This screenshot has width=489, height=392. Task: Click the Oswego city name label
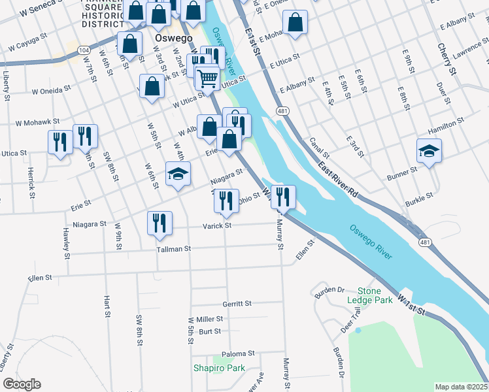pyautogui.click(x=174, y=38)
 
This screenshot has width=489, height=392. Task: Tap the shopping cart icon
pyautogui.click(x=207, y=78)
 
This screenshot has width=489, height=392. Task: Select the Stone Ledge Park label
pyautogui.click(x=375, y=295)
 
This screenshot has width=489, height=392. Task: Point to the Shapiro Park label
pyautogui.click(x=218, y=368)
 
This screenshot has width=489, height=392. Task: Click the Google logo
pyautogui.click(x=22, y=384)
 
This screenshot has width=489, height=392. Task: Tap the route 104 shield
pyautogui.click(x=83, y=50)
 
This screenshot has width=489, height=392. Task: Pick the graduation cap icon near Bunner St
pyautogui.click(x=429, y=152)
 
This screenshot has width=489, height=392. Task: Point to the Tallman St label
pyautogui.click(x=173, y=249)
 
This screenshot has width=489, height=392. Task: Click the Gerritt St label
pyautogui.click(x=237, y=304)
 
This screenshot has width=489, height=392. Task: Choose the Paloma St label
pyautogui.click(x=237, y=354)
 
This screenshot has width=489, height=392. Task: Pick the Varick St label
pyautogui.click(x=220, y=226)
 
